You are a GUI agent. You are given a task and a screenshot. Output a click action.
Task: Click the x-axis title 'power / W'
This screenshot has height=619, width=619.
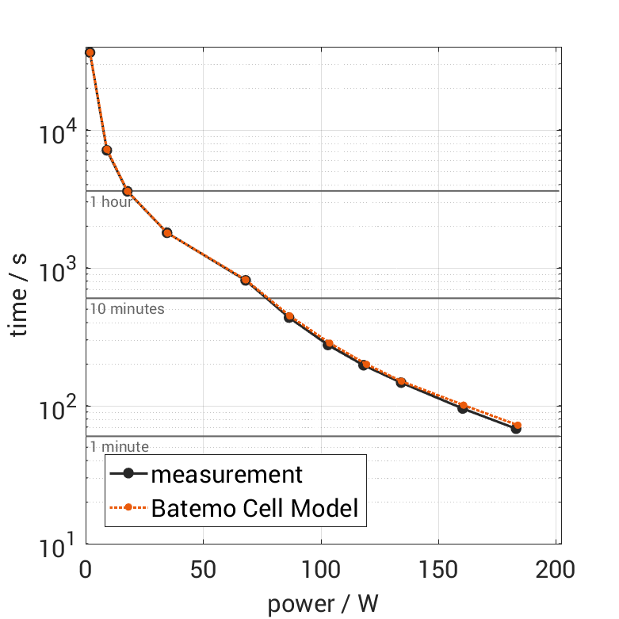click(323, 604)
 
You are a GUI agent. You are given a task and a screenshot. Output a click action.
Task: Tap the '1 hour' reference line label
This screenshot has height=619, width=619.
click(111, 201)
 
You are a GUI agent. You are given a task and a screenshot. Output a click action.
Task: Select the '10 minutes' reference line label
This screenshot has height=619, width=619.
click(126, 308)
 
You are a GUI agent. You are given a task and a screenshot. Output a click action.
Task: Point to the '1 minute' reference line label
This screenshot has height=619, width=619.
click(119, 447)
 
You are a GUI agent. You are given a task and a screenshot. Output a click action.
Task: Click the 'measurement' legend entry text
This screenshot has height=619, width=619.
click(227, 474)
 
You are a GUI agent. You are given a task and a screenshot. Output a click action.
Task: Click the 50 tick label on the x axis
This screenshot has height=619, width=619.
click(203, 571)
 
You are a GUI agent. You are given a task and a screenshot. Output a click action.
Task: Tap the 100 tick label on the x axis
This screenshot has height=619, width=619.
click(320, 571)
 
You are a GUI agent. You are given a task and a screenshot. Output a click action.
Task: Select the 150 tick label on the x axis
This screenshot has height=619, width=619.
click(438, 571)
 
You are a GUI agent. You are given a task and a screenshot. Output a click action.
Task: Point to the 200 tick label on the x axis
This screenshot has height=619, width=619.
click(556, 571)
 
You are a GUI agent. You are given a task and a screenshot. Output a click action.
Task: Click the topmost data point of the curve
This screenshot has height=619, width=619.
click(90, 52)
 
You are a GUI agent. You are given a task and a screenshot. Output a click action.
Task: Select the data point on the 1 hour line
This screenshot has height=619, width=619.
click(127, 191)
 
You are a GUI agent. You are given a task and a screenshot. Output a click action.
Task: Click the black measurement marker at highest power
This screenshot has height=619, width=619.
click(516, 429)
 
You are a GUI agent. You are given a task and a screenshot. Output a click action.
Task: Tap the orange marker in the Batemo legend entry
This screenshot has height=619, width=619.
click(128, 508)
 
